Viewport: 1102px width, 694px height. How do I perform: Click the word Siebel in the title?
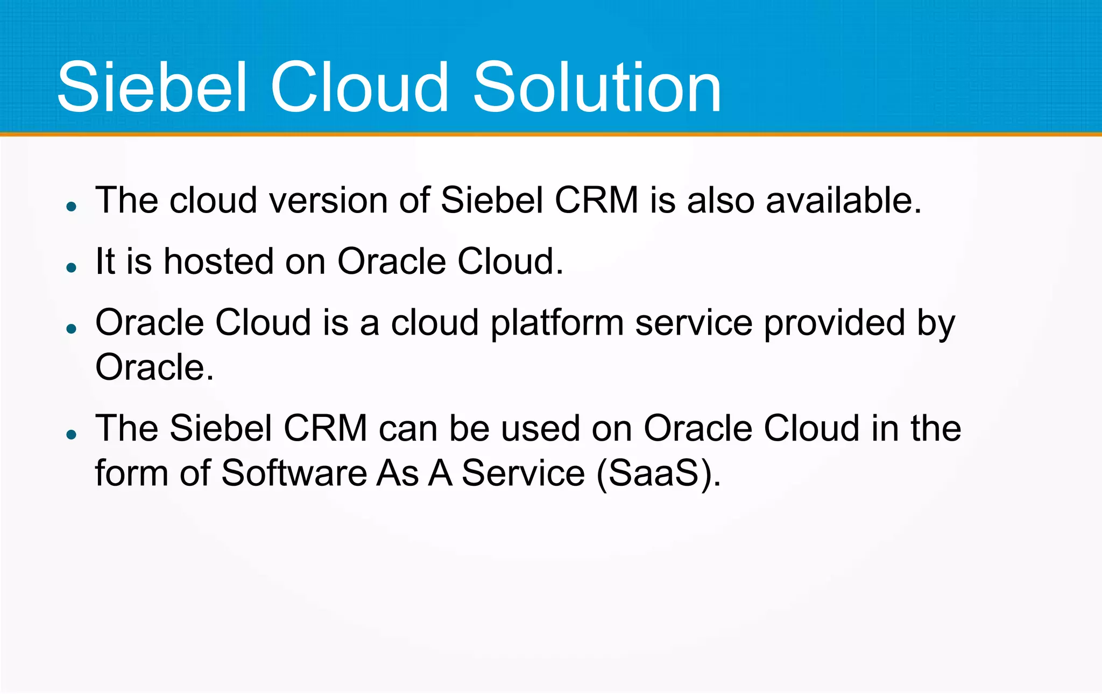click(152, 87)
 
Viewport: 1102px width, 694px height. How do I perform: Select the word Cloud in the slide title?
click(359, 87)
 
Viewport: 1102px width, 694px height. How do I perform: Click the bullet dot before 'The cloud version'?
click(72, 207)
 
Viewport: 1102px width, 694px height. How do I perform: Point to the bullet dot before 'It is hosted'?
click(72, 267)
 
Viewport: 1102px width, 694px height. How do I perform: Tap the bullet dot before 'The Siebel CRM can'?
click(72, 434)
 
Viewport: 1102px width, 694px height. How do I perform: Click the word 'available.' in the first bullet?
click(843, 200)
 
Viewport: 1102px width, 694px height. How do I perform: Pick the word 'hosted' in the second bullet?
click(218, 261)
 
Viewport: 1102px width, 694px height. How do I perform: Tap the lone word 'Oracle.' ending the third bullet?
click(154, 367)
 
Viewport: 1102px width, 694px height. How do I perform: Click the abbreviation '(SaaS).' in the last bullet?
click(659, 473)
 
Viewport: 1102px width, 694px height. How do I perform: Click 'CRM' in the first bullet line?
click(596, 200)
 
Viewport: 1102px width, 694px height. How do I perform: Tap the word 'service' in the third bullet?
click(694, 323)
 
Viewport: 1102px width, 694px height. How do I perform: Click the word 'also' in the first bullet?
click(720, 200)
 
